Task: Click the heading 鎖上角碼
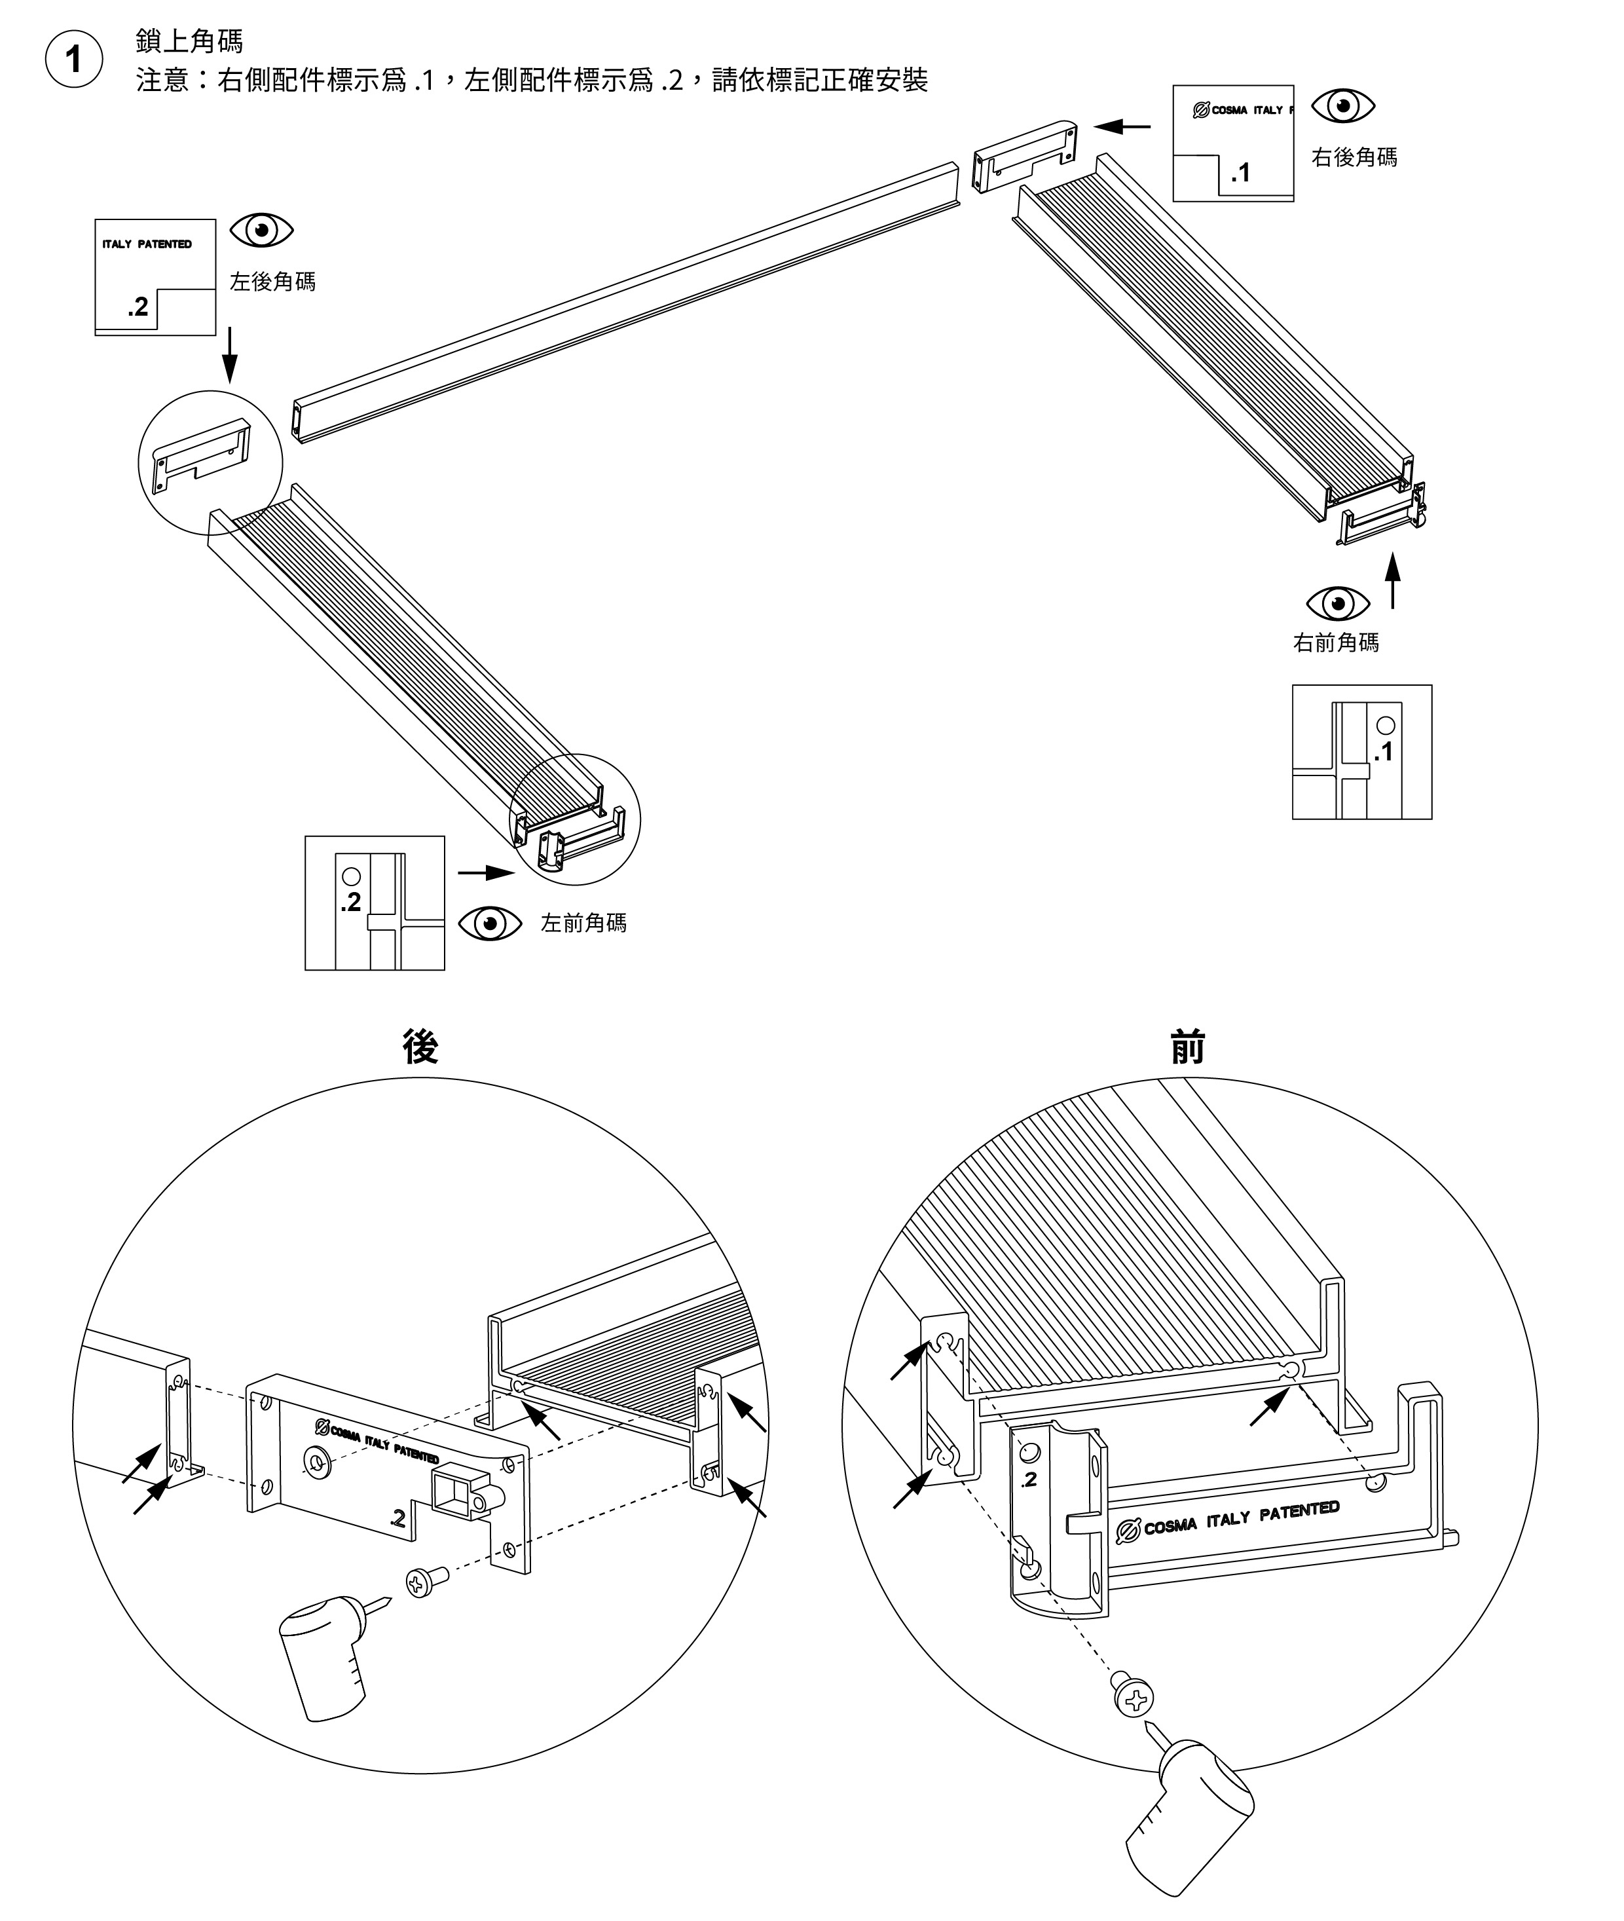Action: click(x=190, y=41)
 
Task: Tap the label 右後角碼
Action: click(x=1354, y=157)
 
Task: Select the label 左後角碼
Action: click(x=272, y=281)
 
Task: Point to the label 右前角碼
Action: click(x=1337, y=642)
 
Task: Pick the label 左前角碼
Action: click(x=583, y=923)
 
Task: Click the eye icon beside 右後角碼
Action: click(x=1343, y=106)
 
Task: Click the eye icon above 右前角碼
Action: click(x=1338, y=603)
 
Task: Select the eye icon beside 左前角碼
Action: click(x=490, y=923)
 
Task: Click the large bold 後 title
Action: click(x=420, y=1047)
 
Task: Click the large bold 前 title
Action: click(x=1188, y=1047)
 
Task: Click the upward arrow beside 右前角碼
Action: click(x=1393, y=581)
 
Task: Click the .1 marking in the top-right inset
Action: click(x=1241, y=172)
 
